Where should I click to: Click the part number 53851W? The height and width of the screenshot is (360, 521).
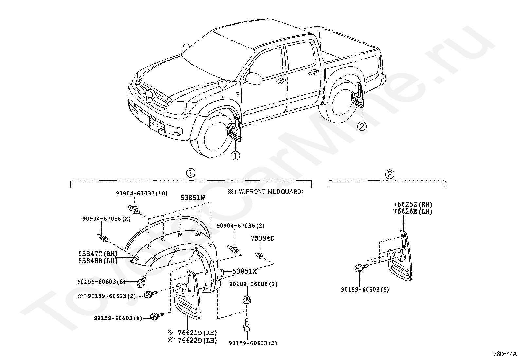pos(192,198)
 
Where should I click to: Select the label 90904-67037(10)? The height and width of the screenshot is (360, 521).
pos(142,193)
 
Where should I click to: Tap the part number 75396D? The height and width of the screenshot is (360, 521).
pos(262,238)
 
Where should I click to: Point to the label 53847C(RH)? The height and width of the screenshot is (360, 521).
pos(98,254)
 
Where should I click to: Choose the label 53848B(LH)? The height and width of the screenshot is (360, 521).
pos(98,261)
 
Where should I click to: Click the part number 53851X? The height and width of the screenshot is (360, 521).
pos(244,271)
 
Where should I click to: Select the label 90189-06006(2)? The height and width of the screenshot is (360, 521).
pos(253,284)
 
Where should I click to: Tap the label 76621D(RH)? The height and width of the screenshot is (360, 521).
pos(197,333)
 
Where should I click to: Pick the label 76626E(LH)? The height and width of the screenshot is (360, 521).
pos(413,211)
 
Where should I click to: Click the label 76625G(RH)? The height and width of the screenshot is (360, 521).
pos(413,204)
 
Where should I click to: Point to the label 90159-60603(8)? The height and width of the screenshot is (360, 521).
pos(365,290)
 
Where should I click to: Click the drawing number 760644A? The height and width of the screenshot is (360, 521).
pos(505,354)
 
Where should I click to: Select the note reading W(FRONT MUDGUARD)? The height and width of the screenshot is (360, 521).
pos(271,191)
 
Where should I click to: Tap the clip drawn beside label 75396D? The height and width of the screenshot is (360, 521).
pos(260,256)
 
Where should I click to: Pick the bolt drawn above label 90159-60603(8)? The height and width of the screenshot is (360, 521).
pos(361,267)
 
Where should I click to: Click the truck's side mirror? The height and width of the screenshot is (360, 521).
pos(253,78)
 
